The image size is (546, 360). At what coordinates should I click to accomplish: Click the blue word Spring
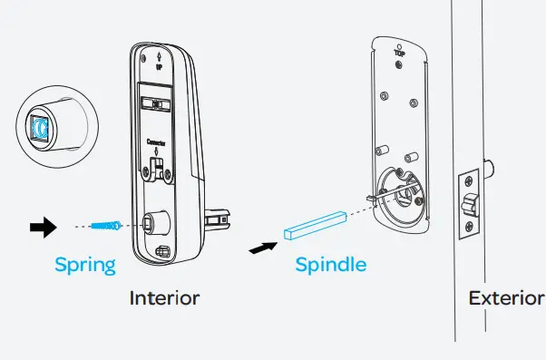click(x=85, y=265)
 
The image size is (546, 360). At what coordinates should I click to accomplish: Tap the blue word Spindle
click(x=331, y=265)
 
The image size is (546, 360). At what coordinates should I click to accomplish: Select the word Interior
click(x=164, y=297)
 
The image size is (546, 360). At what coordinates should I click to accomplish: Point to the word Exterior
click(x=506, y=297)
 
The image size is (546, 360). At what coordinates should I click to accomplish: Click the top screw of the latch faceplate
click(x=469, y=180)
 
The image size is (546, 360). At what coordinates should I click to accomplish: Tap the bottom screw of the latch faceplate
click(x=468, y=228)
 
